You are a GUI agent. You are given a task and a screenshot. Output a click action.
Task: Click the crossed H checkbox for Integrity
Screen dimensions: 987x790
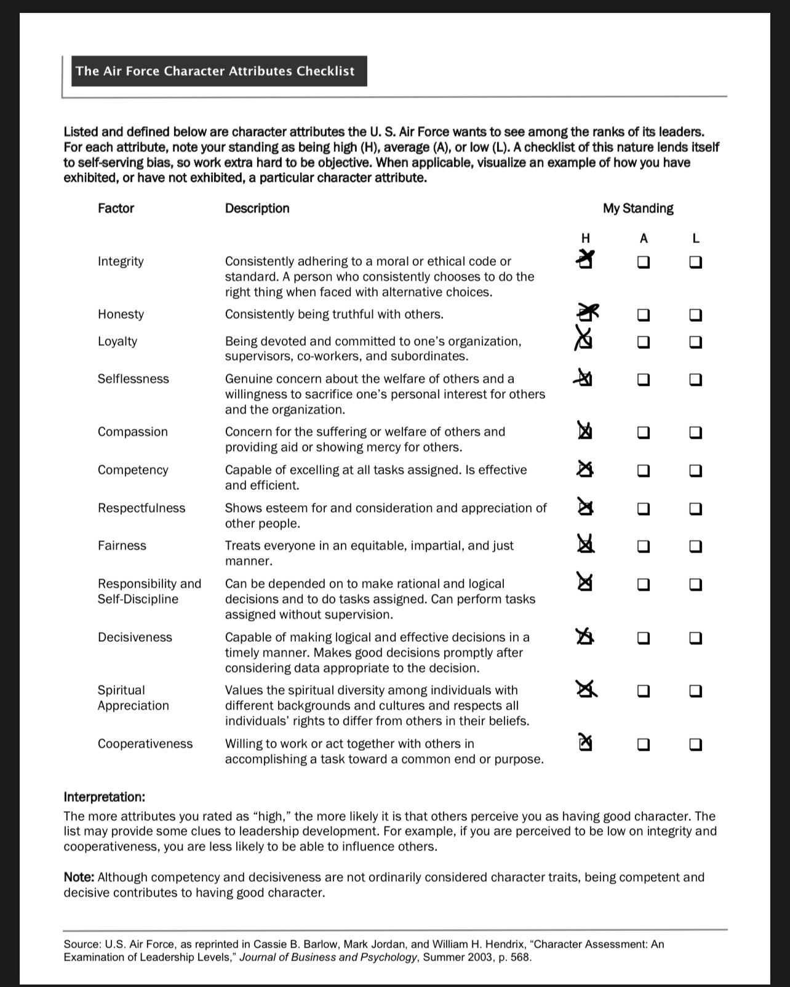click(x=586, y=262)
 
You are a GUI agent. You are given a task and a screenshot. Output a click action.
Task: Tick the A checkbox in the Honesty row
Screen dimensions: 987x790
click(x=643, y=315)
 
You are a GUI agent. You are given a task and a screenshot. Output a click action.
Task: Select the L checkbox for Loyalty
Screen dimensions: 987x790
click(x=695, y=342)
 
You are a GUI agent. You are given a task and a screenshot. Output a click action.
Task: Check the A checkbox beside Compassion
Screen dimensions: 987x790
click(x=643, y=433)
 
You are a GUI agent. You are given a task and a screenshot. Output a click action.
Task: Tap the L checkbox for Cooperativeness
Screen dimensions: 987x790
click(x=695, y=745)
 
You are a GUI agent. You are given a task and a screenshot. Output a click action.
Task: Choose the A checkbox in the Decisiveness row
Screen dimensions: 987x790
click(x=643, y=638)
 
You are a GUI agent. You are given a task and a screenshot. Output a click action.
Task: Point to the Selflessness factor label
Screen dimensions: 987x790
click(x=133, y=379)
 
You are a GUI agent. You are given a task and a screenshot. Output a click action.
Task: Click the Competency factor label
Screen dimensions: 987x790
click(x=132, y=470)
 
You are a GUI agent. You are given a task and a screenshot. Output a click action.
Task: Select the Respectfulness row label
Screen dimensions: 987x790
click(x=141, y=508)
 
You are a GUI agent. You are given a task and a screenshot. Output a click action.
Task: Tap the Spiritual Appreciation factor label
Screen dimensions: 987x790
click(x=132, y=698)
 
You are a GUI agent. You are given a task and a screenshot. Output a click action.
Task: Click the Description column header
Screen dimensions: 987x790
click(x=257, y=209)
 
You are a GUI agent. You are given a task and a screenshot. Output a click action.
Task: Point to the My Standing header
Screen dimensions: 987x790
click(x=638, y=209)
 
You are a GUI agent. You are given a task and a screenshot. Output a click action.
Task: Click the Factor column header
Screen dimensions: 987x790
click(x=116, y=209)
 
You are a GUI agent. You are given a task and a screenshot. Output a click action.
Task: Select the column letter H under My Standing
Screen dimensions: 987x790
click(x=585, y=238)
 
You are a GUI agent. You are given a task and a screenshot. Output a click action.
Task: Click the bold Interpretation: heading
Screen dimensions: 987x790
click(x=104, y=797)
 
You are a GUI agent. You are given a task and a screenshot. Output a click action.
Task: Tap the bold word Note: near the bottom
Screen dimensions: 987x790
click(x=79, y=877)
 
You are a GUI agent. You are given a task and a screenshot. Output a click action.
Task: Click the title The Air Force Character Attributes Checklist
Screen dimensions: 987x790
click(x=215, y=71)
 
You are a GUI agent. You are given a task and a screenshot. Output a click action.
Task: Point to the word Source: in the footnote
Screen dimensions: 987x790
click(x=82, y=944)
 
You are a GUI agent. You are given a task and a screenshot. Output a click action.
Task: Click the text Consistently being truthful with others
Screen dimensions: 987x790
click(x=333, y=314)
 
